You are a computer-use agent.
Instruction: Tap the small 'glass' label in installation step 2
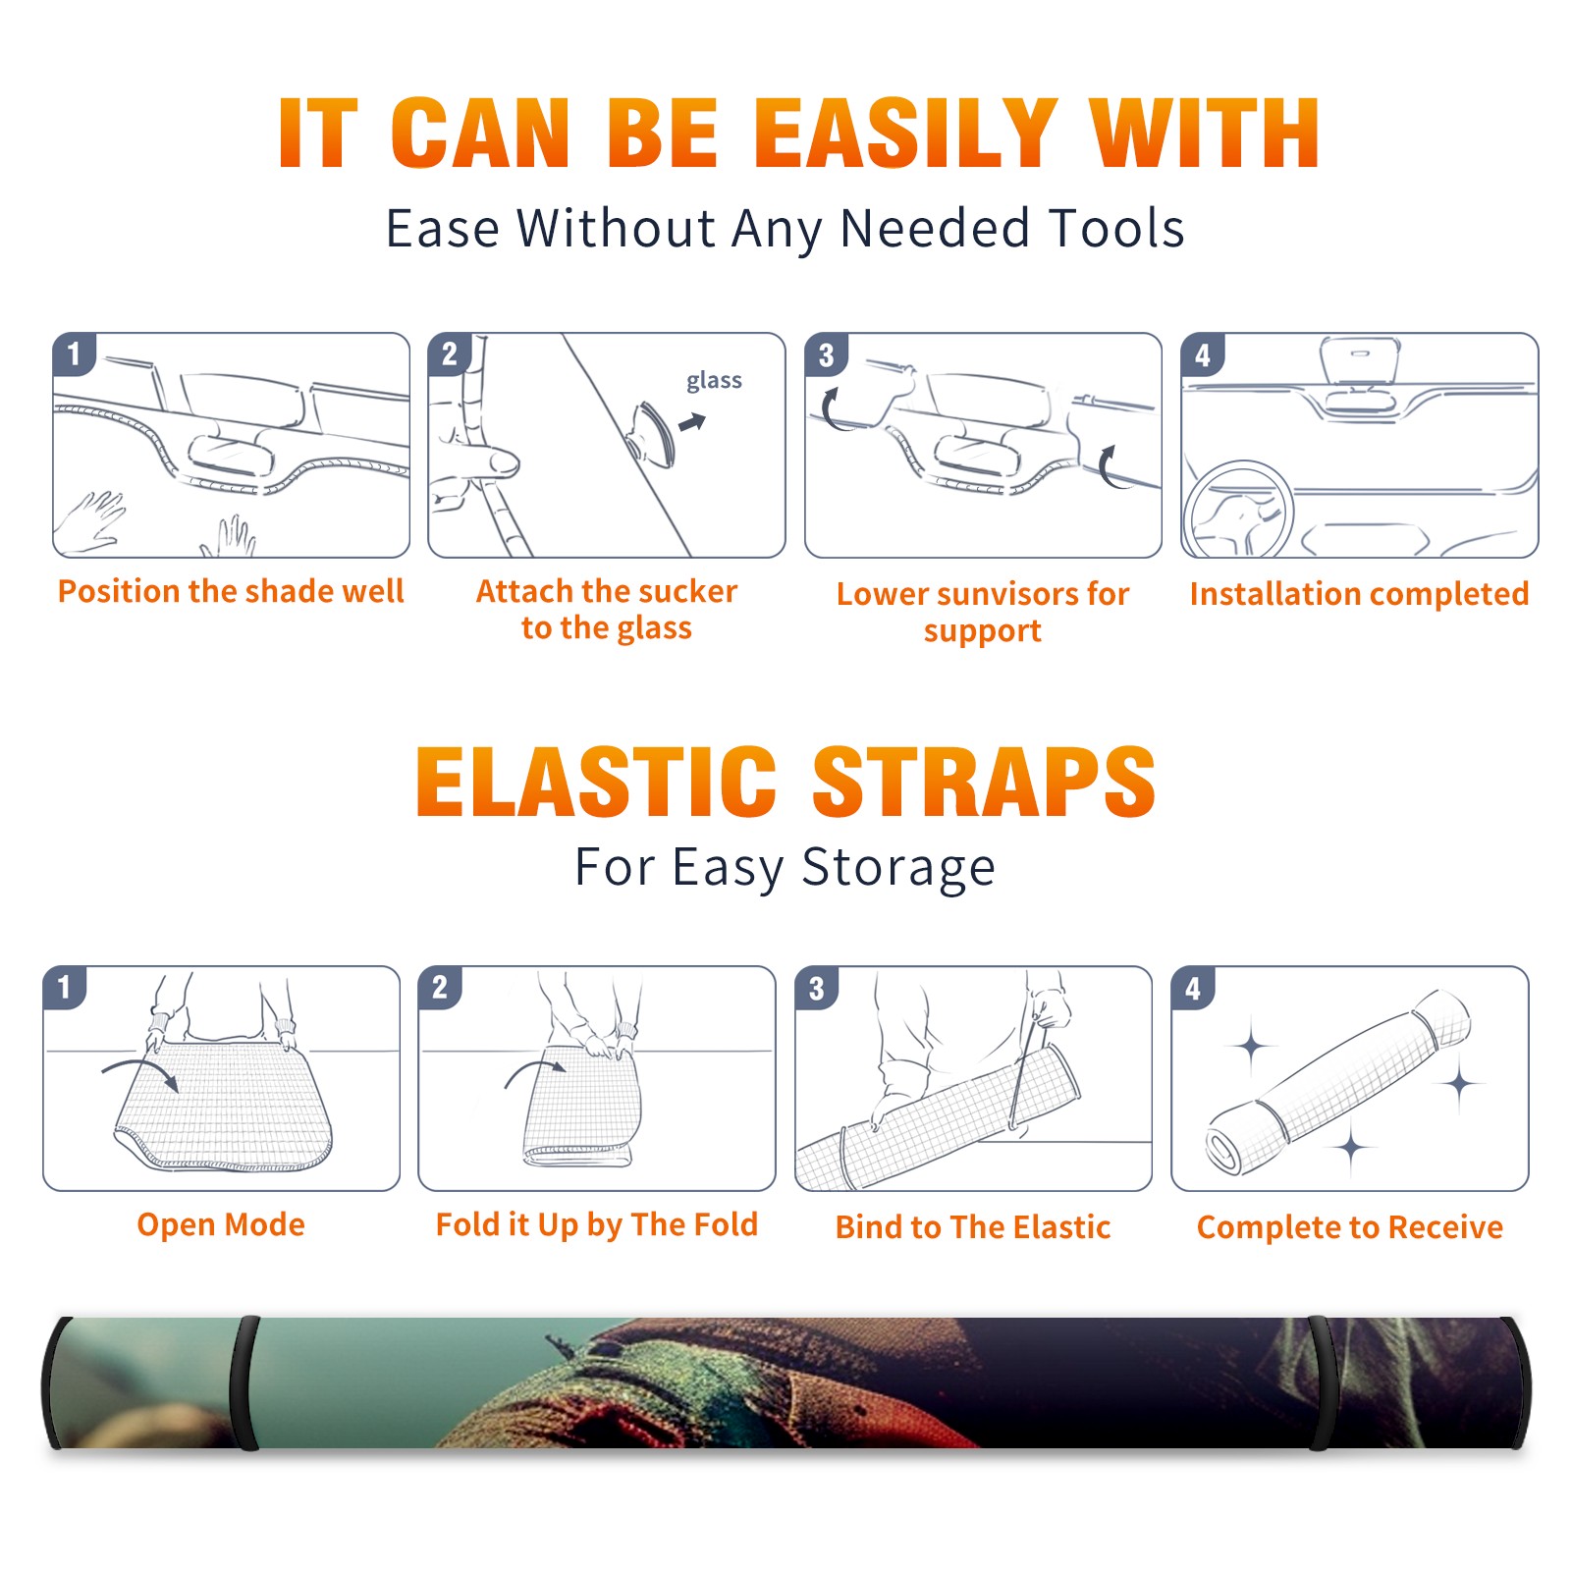714,381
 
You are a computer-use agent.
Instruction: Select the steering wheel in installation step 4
1239,510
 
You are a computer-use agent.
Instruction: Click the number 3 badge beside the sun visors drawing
826,355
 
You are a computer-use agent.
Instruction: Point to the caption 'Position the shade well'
231,591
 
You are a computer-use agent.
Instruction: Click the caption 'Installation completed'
1359,594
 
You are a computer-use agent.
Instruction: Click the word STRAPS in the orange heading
984,782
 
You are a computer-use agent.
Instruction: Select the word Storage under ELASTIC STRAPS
898,868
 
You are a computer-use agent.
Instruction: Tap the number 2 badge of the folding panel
439,987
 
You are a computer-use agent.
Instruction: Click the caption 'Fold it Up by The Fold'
597,1224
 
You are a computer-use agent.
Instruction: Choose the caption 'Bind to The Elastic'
973,1227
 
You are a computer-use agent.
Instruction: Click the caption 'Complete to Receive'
1350,1227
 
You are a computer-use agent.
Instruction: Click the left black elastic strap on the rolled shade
244,1382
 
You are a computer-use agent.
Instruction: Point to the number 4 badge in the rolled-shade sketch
1192,988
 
